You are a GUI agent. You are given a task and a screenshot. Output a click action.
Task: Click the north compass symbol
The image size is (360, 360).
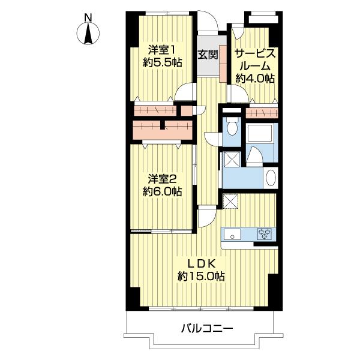coord(88,33)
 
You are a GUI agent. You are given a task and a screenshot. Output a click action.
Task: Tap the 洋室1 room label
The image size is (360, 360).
coord(163,50)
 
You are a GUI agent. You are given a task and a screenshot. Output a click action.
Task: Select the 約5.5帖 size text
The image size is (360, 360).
coord(163,62)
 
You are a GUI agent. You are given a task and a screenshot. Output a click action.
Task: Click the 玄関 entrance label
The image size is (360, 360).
coord(208,55)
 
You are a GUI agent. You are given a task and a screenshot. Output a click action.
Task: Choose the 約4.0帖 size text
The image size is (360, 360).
coord(255,79)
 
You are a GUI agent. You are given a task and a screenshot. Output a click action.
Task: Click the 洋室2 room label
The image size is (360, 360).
coord(163,179)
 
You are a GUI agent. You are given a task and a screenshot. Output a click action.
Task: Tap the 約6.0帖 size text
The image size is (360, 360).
coord(163,191)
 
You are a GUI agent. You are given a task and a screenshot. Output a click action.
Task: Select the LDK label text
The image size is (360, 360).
coord(202,264)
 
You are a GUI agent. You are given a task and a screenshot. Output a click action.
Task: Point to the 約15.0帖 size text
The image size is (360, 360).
coord(201,276)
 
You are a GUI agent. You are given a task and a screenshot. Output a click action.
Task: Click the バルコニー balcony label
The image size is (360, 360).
coord(207,329)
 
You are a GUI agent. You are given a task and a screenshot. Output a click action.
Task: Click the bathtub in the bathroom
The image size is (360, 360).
coord(260,133)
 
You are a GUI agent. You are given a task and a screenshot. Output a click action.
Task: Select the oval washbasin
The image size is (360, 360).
coord(271,178)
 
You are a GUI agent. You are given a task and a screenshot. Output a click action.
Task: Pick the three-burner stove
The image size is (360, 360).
coord(264,234)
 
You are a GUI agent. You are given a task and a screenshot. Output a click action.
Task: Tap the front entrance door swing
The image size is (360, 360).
coord(208,20)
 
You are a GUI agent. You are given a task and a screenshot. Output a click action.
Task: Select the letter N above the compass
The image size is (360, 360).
coord(88,18)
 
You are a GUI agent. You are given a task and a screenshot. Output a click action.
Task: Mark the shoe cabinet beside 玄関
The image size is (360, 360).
coord(223,64)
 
